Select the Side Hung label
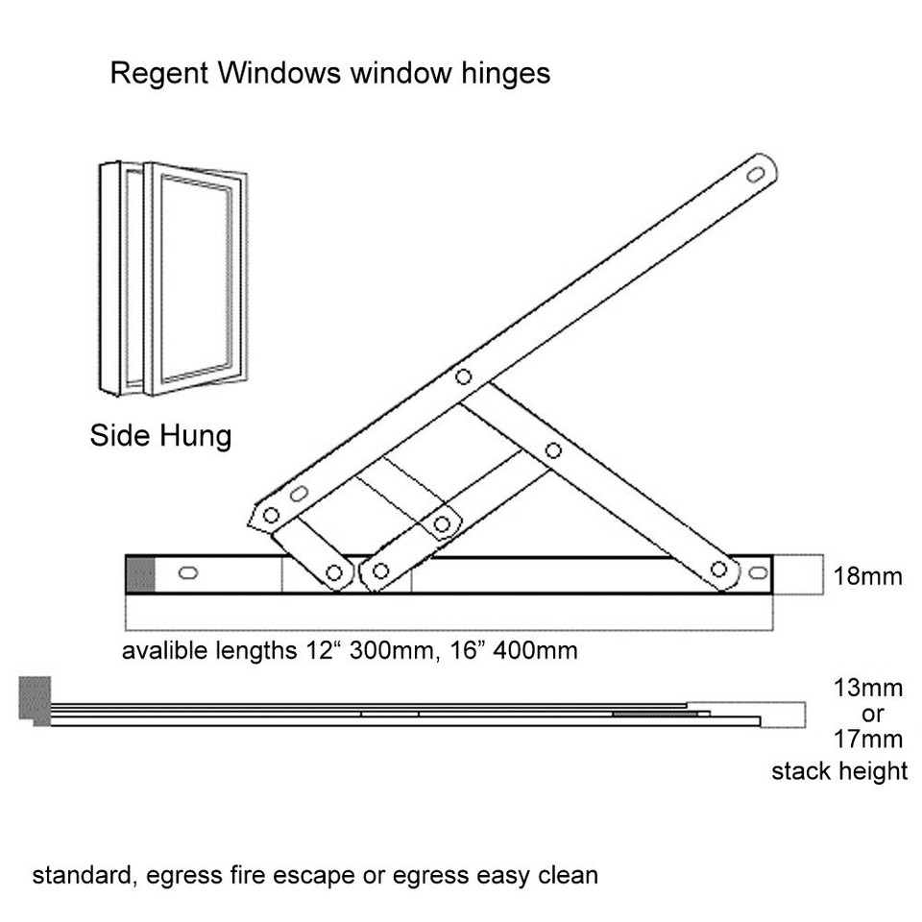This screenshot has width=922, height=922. coord(160,435)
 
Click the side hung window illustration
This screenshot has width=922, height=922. coord(173,279)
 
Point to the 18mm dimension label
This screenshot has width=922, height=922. coord(868,576)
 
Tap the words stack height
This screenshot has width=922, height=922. coord(839,770)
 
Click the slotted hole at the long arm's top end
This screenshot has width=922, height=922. coord(756,175)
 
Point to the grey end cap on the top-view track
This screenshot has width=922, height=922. coord(141,574)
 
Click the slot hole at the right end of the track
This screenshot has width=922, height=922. coord(758,573)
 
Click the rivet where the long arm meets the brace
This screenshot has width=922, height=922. coord(464,376)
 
